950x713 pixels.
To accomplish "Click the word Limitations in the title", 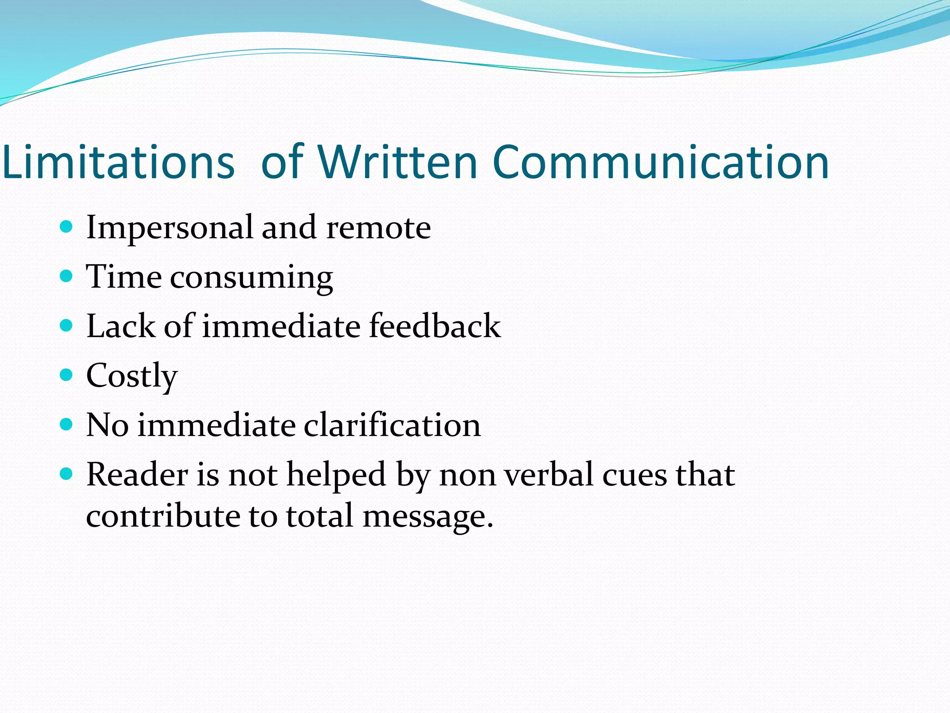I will pos(118,162).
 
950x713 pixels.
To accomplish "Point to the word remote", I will pos(379,227).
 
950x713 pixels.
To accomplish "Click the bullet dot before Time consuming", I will pos(67,277).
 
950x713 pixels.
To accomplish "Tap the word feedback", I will pos(435,326).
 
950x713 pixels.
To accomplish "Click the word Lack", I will pos(121,326).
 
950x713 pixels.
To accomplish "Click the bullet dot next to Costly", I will pos(67,375).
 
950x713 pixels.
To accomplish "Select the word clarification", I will pos(392,425).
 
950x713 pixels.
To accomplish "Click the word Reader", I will pos(137,474).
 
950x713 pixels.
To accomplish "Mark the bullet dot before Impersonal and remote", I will pos(67,227).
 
